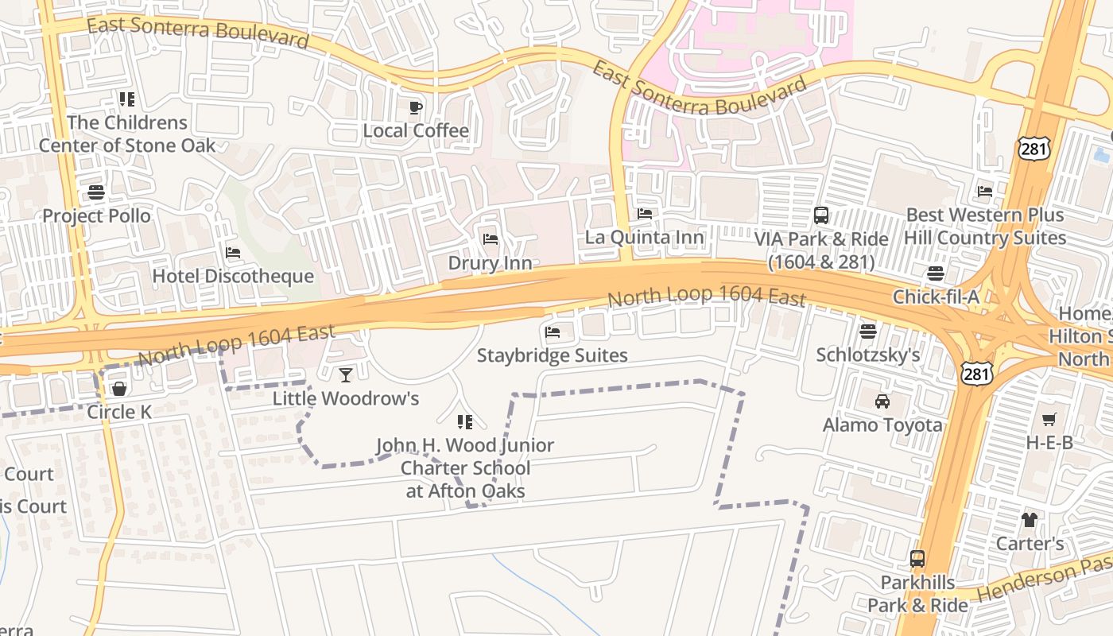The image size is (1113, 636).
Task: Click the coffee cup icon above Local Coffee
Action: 415,107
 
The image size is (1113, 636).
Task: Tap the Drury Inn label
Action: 490,262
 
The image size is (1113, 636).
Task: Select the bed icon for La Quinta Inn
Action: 645,214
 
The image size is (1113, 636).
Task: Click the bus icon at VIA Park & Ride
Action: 821,215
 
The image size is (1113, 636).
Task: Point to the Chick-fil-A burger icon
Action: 935,273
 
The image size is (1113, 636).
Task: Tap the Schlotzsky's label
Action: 868,355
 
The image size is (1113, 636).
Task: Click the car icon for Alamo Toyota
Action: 882,401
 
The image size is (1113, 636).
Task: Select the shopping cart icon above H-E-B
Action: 1049,419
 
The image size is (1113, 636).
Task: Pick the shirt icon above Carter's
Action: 1030,520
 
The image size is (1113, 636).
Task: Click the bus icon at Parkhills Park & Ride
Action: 917,559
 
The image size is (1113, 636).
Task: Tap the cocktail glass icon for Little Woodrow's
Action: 346,374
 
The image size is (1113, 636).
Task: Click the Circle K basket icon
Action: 119,389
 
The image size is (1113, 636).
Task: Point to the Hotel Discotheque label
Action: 233,277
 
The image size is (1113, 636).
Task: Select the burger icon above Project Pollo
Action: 96,192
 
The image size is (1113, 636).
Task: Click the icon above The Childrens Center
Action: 127,99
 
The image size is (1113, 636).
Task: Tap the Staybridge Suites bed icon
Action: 553,332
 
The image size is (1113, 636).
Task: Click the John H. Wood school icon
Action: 465,421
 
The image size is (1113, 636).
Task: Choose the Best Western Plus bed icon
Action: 985,192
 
